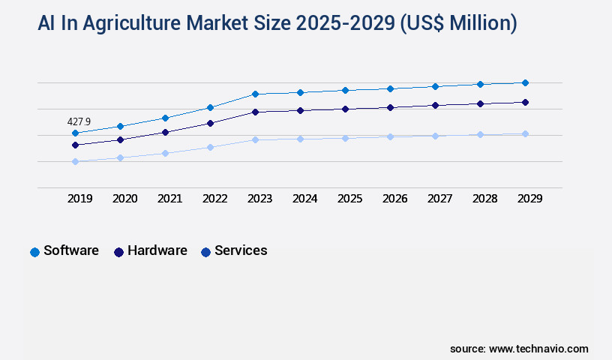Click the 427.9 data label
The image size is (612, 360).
click(x=79, y=121)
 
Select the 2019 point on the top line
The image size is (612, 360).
click(x=75, y=133)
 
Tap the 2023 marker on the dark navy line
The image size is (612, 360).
click(x=255, y=112)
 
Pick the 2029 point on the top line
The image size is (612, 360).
click(x=525, y=82)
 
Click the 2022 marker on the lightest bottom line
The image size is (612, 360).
click(x=210, y=147)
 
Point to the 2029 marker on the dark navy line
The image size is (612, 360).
click(x=525, y=102)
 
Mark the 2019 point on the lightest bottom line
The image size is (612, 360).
click(x=75, y=161)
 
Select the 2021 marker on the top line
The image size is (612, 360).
click(x=165, y=118)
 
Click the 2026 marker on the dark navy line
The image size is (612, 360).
click(x=390, y=107)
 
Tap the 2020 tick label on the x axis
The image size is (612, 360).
click(x=124, y=199)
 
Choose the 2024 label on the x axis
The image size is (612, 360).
click(x=304, y=199)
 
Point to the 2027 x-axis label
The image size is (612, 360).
click(x=439, y=199)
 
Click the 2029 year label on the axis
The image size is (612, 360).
click(x=529, y=199)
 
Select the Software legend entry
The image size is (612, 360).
click(x=70, y=250)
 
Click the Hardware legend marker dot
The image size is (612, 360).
click(x=118, y=252)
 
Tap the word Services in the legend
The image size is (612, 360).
click(x=241, y=250)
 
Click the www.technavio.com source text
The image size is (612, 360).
click(x=538, y=349)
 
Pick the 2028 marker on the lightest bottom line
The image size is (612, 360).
click(x=480, y=134)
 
